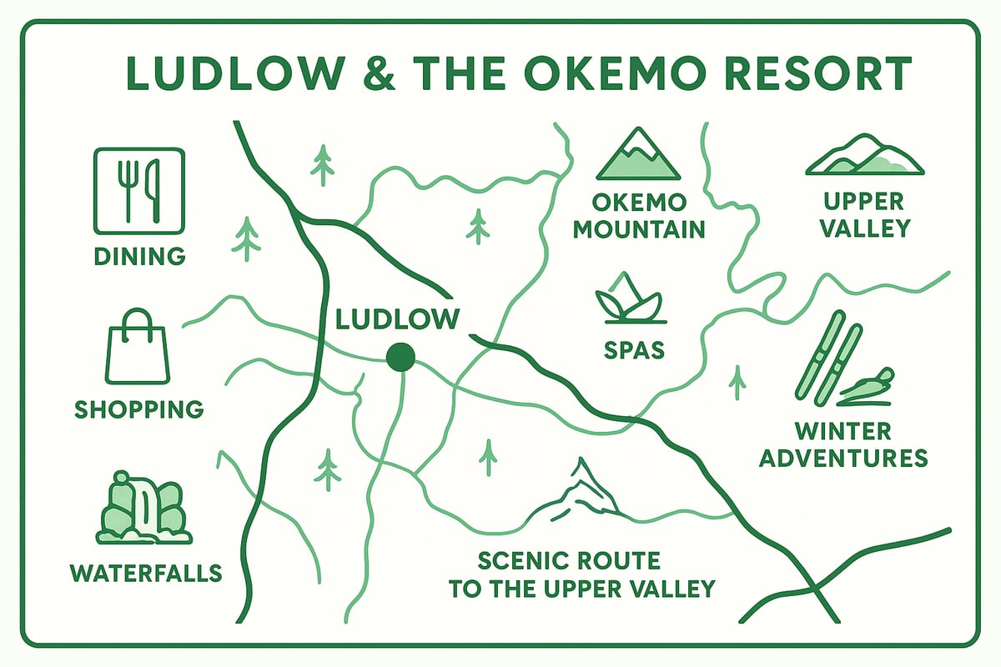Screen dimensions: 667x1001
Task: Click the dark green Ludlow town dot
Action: (401, 357)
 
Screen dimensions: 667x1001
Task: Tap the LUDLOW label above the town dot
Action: (398, 319)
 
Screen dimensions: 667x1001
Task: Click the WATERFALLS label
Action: (146, 573)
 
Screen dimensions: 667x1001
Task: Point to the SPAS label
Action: (634, 349)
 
